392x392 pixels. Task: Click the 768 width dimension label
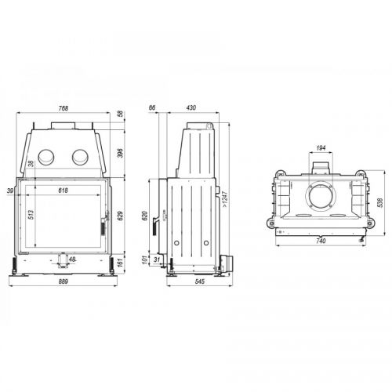point(64,108)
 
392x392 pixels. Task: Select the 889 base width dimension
point(64,281)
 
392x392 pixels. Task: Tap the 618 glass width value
point(63,191)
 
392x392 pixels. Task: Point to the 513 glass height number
point(31,215)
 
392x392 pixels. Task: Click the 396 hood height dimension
point(120,153)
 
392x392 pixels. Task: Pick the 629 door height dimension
point(120,216)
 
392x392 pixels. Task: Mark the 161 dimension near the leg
point(120,263)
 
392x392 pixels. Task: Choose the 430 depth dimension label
point(191,107)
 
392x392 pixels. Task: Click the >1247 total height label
point(225,199)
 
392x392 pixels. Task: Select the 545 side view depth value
point(200,281)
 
